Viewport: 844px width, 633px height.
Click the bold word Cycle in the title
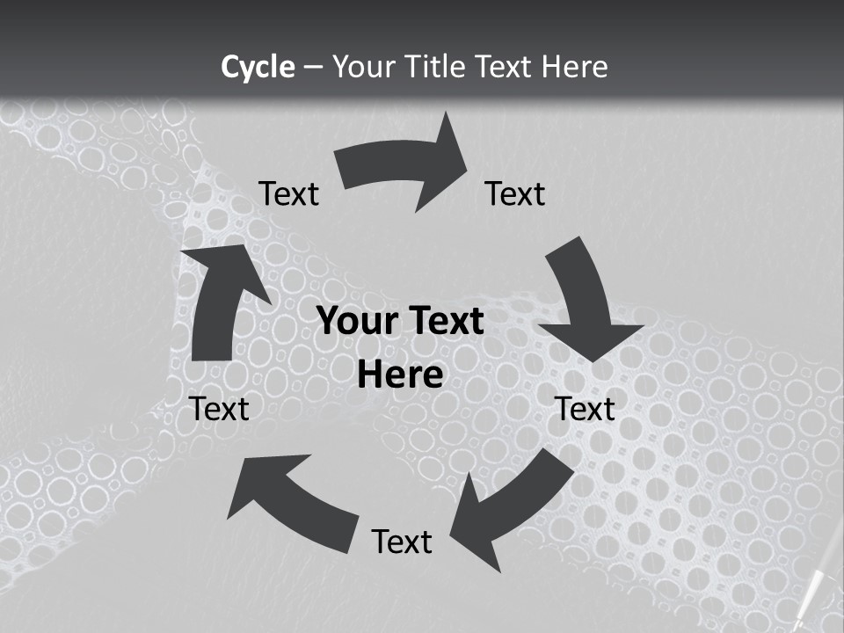pyautogui.click(x=258, y=67)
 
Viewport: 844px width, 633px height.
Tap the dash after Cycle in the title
pyautogui.click(x=313, y=68)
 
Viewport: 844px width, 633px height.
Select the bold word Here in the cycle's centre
pyautogui.click(x=400, y=375)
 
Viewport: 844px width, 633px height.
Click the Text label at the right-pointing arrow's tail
pyautogui.click(x=288, y=193)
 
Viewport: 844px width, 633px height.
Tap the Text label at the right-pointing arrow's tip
pyautogui.click(x=515, y=193)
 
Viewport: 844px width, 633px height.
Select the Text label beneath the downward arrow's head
pyautogui.click(x=586, y=409)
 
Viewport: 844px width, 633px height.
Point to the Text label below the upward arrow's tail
pyautogui.click(x=220, y=409)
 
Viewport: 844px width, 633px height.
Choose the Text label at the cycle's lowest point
pyautogui.click(x=402, y=542)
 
